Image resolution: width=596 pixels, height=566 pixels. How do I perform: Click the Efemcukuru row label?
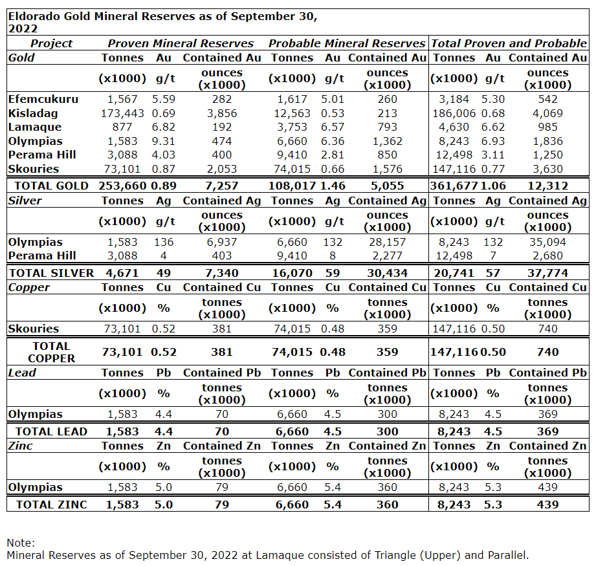[43, 99]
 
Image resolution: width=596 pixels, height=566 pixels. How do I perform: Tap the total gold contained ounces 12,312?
[547, 186]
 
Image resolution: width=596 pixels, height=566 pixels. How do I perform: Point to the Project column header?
[52, 43]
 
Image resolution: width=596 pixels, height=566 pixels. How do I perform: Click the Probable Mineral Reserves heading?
[347, 43]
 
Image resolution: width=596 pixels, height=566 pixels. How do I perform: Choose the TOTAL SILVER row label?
[51, 273]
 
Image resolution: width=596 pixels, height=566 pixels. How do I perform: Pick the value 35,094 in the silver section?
[547, 242]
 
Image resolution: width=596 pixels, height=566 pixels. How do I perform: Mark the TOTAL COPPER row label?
[51, 352]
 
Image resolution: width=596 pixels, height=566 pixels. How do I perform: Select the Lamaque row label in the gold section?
[35, 127]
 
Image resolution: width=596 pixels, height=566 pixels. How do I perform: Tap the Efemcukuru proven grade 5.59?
[164, 99]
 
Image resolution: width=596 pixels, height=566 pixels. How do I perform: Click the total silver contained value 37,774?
[547, 273]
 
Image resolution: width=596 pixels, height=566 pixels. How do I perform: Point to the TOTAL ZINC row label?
[51, 505]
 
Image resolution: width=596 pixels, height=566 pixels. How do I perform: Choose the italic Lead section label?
[22, 373]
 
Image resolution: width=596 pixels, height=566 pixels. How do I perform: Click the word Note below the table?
[21, 543]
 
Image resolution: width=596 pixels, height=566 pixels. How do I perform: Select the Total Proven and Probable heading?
[509, 43]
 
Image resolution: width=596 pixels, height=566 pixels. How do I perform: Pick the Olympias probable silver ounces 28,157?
[387, 242]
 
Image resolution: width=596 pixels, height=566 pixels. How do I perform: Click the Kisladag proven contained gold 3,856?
[221, 113]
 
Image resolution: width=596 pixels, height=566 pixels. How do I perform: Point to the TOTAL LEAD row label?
[51, 431]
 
